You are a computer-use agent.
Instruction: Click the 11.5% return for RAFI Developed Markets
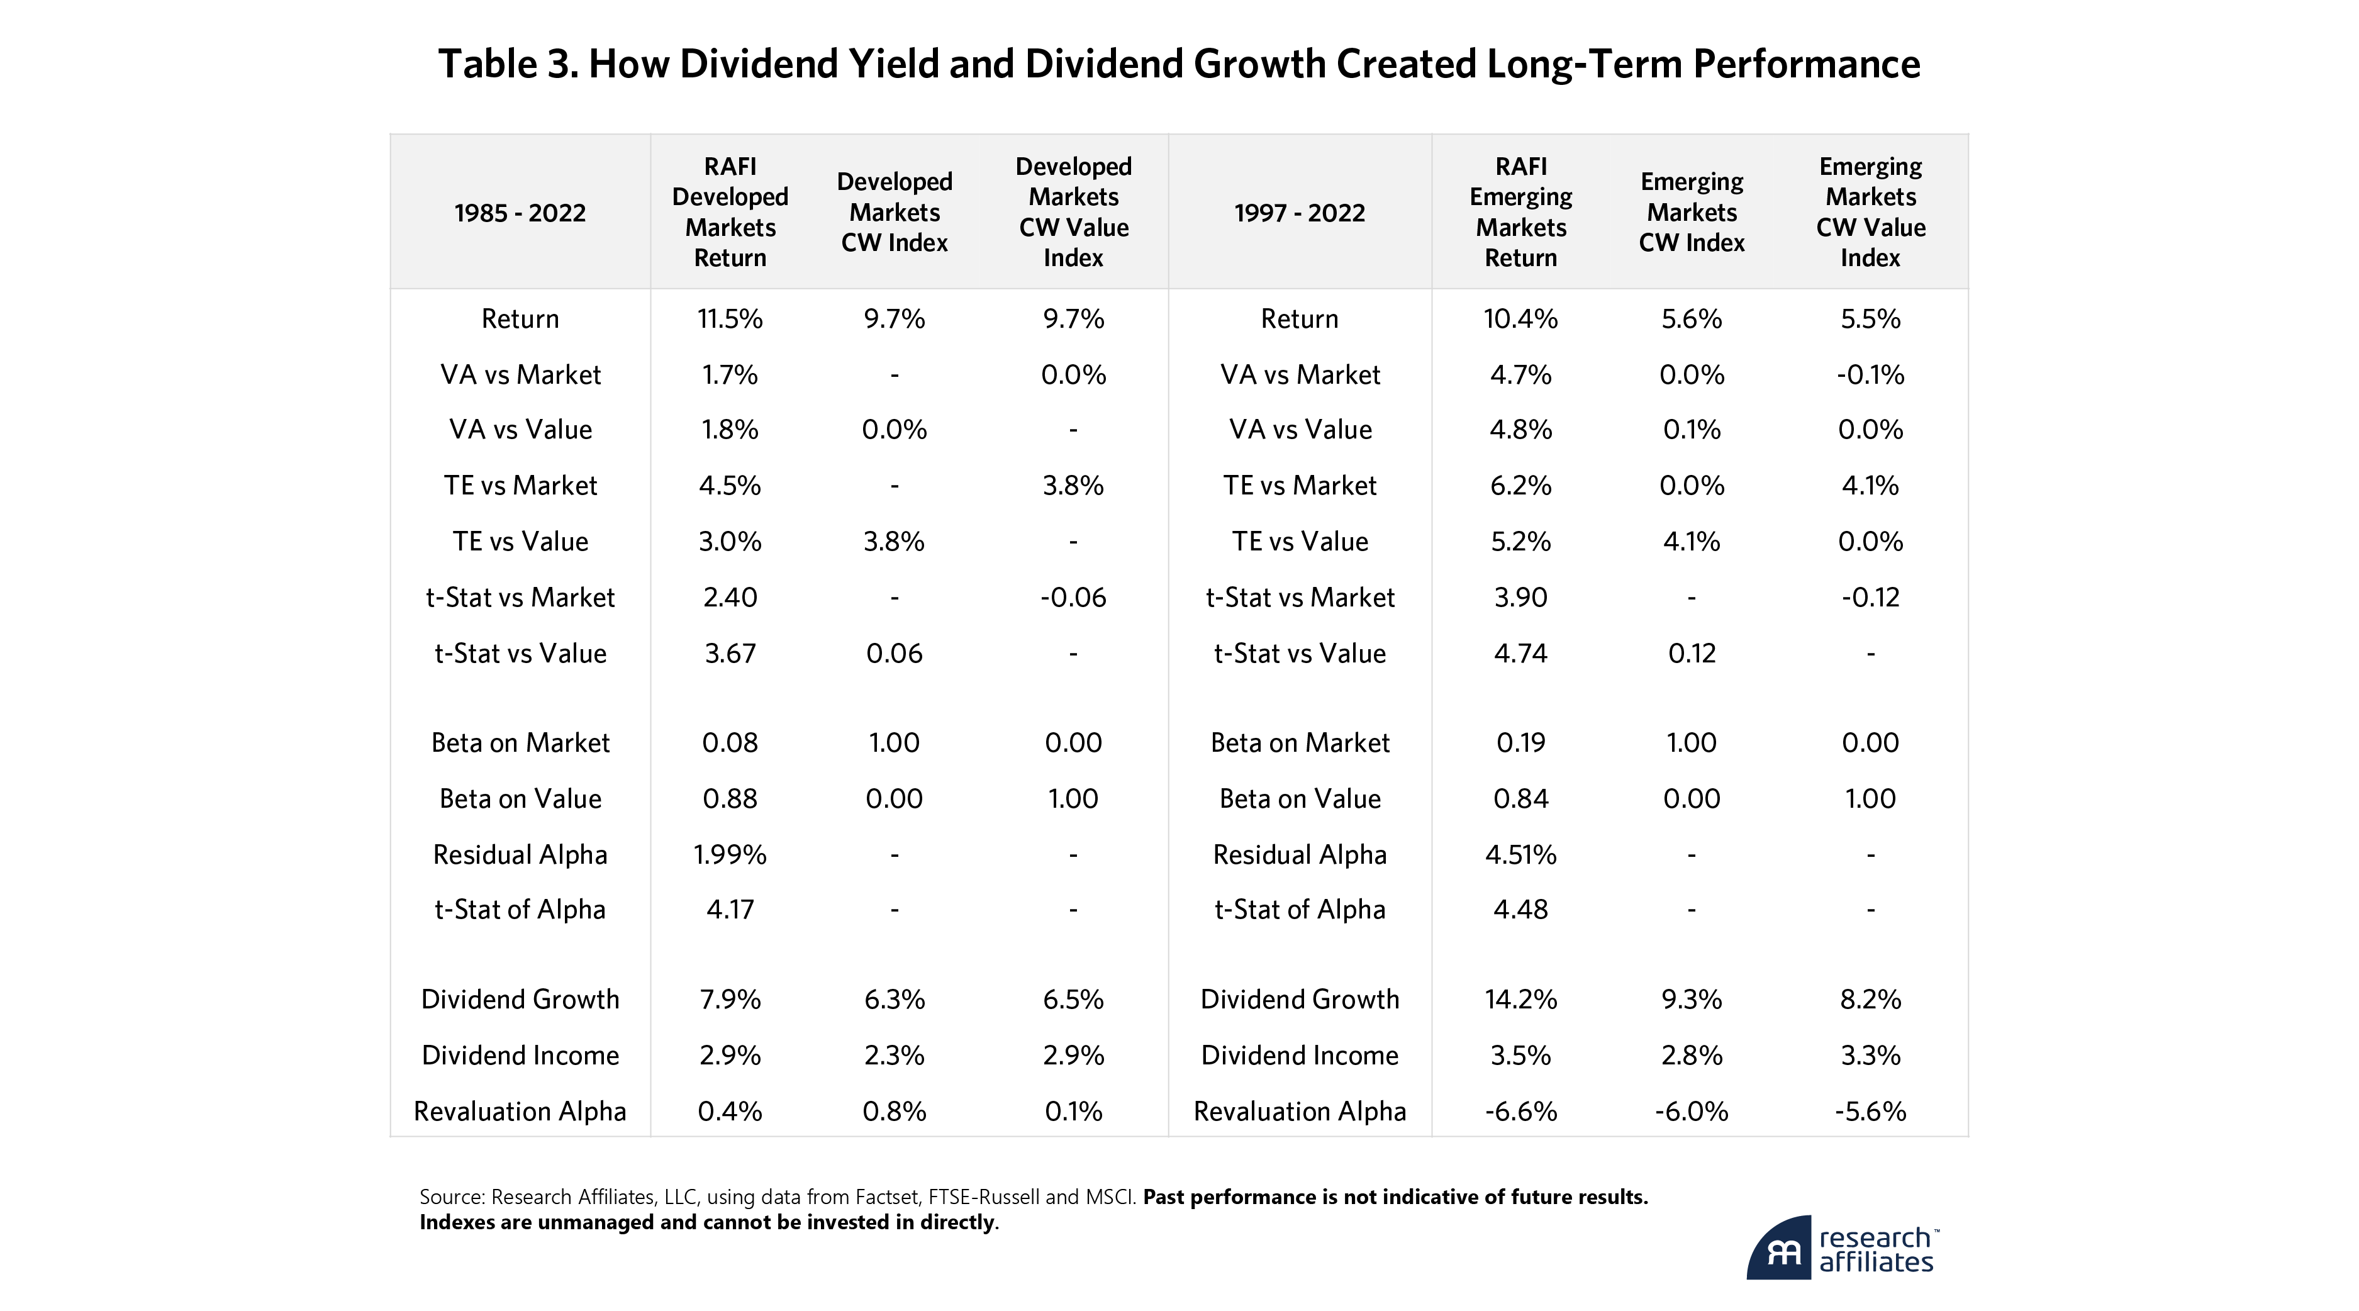pyautogui.click(x=730, y=318)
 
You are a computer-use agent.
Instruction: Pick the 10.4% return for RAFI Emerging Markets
pyautogui.click(x=1520, y=318)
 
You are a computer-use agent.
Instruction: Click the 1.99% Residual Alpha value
pyautogui.click(x=730, y=854)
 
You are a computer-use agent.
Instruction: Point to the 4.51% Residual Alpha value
pyautogui.click(x=1520, y=854)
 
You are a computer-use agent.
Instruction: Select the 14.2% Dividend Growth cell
pyautogui.click(x=1520, y=999)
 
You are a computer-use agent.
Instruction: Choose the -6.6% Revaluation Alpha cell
pyautogui.click(x=1520, y=1110)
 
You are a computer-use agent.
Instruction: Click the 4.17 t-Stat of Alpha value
pyautogui.click(x=730, y=909)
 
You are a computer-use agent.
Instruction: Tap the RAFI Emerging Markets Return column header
pyautogui.click(x=1520, y=213)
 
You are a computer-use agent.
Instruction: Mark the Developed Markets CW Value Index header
pyautogui.click(x=1073, y=213)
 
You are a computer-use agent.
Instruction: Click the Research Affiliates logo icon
pyautogui.click(x=1778, y=1248)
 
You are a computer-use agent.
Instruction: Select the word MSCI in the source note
pyautogui.click(x=1110, y=1197)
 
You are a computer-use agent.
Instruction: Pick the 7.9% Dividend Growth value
pyautogui.click(x=730, y=999)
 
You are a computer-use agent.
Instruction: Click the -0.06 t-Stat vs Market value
pyautogui.click(x=1073, y=597)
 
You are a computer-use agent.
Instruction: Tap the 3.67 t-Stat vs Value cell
pyautogui.click(x=730, y=653)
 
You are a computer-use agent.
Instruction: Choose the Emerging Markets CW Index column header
pyautogui.click(x=1692, y=213)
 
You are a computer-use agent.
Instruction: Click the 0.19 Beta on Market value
pyautogui.click(x=1520, y=742)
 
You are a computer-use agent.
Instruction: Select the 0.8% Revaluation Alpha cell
pyautogui.click(x=894, y=1110)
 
